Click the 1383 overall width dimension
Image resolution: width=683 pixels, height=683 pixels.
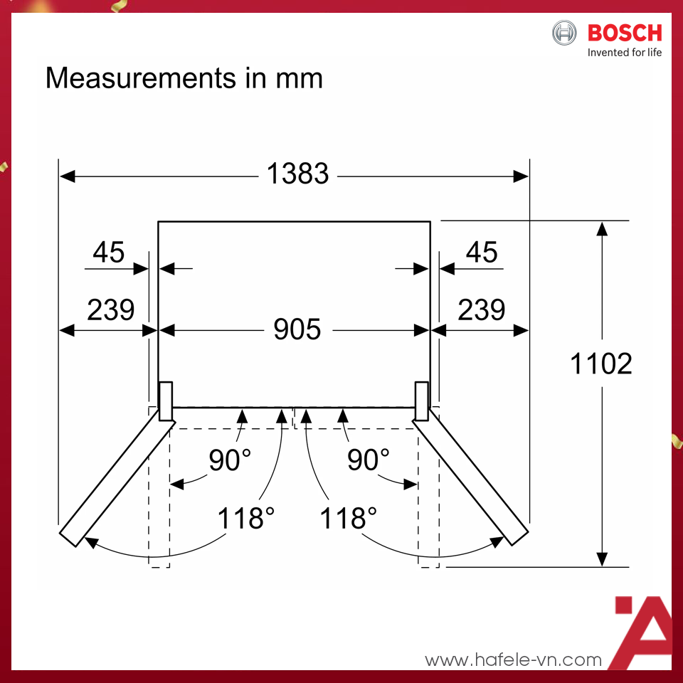(297, 174)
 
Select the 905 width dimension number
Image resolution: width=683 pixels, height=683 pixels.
(297, 329)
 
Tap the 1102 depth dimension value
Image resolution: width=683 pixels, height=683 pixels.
(601, 364)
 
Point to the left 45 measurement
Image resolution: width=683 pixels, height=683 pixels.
(109, 252)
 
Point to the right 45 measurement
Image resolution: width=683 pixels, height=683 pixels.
(482, 252)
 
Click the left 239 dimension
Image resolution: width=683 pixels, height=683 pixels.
(110, 309)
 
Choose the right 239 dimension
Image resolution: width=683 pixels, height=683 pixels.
(482, 309)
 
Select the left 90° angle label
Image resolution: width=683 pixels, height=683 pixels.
(230, 460)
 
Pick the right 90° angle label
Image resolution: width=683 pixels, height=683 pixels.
(368, 460)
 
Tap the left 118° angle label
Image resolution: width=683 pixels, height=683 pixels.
(245, 518)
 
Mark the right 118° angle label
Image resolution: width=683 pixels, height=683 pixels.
(348, 518)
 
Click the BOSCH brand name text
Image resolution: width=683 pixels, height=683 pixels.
(625, 33)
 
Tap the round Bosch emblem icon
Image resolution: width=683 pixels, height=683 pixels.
(566, 33)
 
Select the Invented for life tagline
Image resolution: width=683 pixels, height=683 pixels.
(624, 53)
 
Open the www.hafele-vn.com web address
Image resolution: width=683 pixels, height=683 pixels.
(513, 660)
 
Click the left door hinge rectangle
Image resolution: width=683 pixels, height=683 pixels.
(165, 401)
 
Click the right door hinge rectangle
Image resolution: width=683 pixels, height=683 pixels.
(422, 401)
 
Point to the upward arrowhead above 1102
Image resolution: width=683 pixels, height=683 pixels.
(602, 228)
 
